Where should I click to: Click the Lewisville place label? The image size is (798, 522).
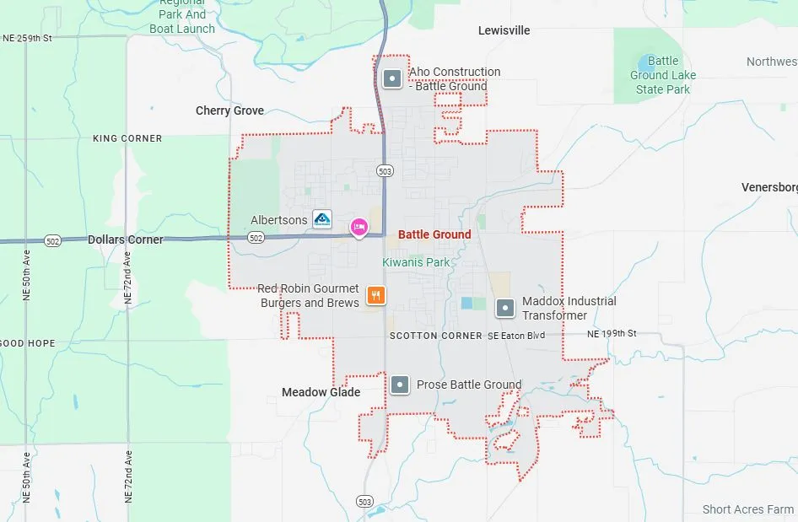point(504,30)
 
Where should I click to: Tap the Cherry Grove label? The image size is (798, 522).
point(229,110)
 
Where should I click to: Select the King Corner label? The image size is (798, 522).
point(127,138)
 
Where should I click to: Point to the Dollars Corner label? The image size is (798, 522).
point(126,239)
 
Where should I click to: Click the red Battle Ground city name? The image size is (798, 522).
point(434,234)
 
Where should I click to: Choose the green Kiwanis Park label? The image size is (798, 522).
point(417,262)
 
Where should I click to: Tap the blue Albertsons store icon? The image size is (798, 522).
point(322,220)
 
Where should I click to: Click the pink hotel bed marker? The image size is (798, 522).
point(359,226)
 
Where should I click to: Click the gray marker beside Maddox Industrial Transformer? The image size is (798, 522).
point(505,308)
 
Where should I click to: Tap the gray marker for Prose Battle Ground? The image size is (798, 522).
point(400,385)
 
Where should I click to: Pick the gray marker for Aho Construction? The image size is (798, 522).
point(391,79)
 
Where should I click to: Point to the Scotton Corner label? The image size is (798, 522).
point(435,336)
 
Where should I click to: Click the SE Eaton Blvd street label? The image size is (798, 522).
point(516,336)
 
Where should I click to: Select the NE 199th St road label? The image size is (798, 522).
point(612,334)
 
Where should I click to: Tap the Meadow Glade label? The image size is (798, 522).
point(321,392)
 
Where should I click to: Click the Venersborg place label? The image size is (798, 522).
point(768,187)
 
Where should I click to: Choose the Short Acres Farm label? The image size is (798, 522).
point(748,509)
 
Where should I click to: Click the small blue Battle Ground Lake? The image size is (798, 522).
point(646,63)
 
